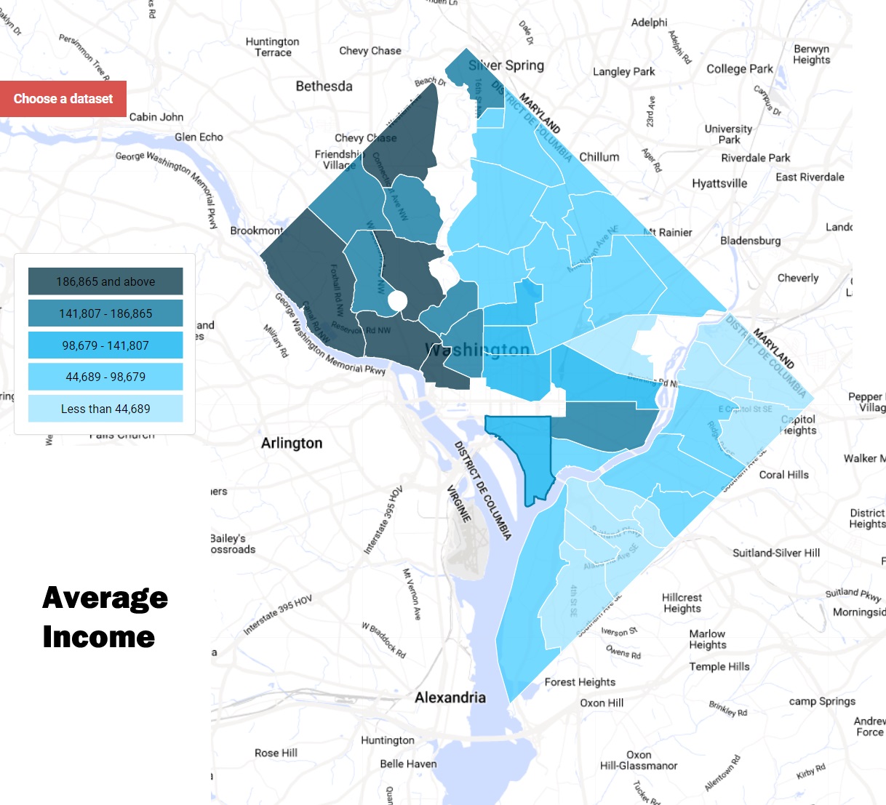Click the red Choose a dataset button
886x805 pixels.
pos(63,99)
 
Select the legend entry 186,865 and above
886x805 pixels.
pos(105,281)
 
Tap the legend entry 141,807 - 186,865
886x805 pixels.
pos(105,313)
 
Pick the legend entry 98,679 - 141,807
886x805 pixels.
pos(105,345)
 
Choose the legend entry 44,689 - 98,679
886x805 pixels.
pos(105,377)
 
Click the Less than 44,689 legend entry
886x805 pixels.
pos(105,409)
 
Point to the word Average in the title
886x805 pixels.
pos(105,598)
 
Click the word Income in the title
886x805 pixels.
pos(99,637)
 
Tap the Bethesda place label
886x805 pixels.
pos(324,86)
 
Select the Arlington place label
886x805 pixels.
pos(292,443)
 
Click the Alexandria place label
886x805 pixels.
pos(450,697)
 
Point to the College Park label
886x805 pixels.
pos(740,69)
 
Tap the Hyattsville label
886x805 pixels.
pos(719,183)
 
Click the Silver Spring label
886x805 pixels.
pos(506,65)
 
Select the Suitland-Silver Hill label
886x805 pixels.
pos(776,553)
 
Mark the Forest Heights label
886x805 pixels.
pos(580,682)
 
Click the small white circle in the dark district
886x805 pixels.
pos(397,300)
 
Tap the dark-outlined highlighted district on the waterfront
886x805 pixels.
pos(530,451)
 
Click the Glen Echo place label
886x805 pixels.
pos(199,137)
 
